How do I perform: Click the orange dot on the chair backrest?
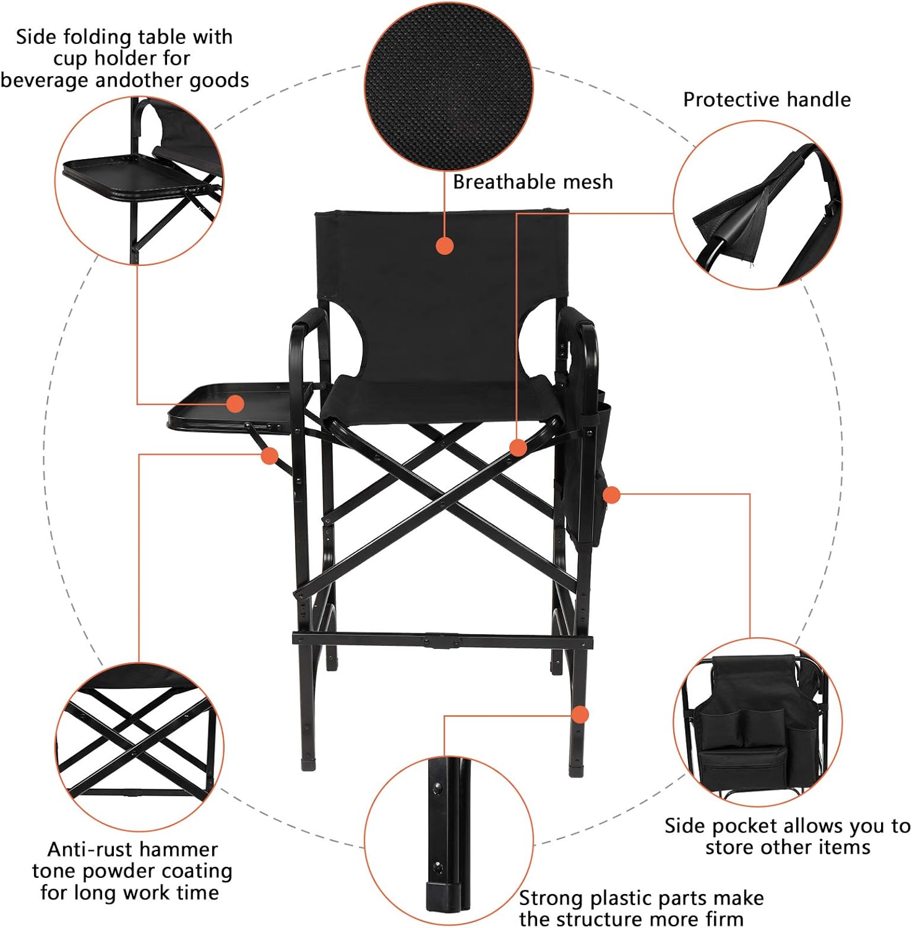click(445, 246)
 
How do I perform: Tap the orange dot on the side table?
click(235, 404)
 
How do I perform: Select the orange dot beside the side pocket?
click(611, 495)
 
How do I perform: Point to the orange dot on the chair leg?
click(580, 715)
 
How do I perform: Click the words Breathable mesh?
click(533, 182)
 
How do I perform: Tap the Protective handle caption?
click(767, 100)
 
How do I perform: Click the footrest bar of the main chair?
click(442, 640)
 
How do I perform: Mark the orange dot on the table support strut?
click(269, 457)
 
